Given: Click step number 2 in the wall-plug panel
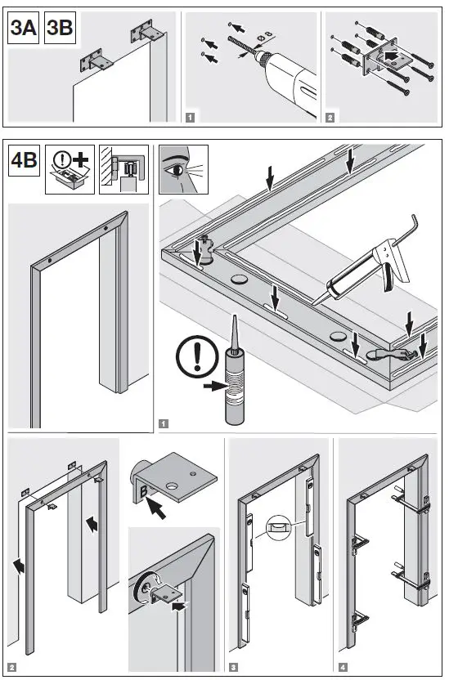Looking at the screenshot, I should point(330,118).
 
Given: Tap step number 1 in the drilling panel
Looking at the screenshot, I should point(190,118).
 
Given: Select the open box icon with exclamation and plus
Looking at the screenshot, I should point(70,169).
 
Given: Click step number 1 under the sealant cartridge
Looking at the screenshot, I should point(164,424).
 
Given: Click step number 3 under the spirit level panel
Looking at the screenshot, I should point(234,668).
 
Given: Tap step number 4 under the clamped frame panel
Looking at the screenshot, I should point(342,668).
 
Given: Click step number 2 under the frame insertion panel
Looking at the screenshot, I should point(12,668).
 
